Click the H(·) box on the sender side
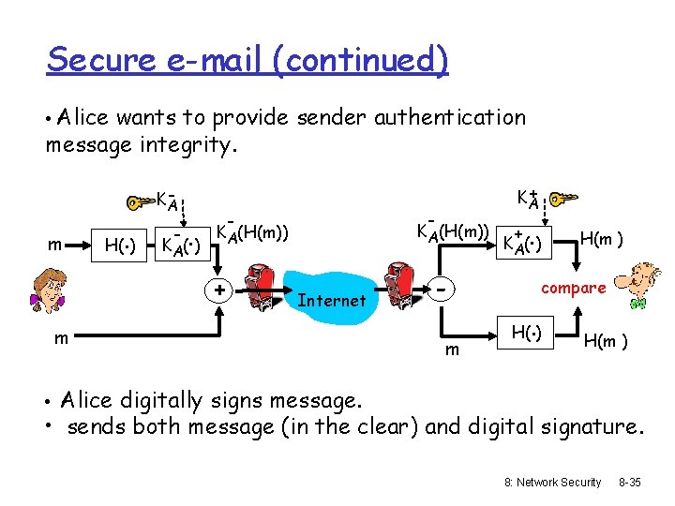coord(121,246)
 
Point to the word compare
coord(574,289)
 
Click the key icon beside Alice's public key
coord(564,200)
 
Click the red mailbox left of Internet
coord(258,285)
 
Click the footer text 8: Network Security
coord(552,482)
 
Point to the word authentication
coord(450,117)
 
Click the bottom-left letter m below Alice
coord(60,338)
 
